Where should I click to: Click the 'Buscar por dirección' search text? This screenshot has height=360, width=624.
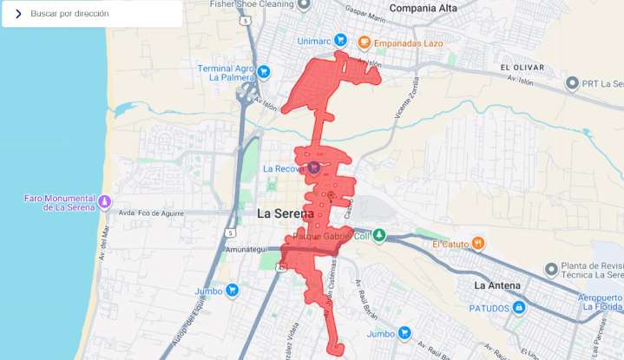69,14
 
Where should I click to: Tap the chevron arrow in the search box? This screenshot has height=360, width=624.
17,14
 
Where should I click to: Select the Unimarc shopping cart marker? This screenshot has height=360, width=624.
340,40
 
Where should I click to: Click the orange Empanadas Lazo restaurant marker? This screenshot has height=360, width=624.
365,41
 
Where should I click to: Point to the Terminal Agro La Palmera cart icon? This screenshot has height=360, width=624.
265,71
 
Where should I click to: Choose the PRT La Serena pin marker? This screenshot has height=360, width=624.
572,83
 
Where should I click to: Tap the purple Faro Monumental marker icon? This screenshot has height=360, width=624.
104,202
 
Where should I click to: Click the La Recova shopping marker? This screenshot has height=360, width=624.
312,167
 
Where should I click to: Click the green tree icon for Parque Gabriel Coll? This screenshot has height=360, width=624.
378,235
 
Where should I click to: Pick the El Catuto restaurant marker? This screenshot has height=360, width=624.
477,244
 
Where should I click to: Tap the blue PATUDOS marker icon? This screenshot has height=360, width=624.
518,307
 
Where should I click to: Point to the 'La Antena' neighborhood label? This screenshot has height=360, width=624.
497,285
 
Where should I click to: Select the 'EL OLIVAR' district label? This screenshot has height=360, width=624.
522,67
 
